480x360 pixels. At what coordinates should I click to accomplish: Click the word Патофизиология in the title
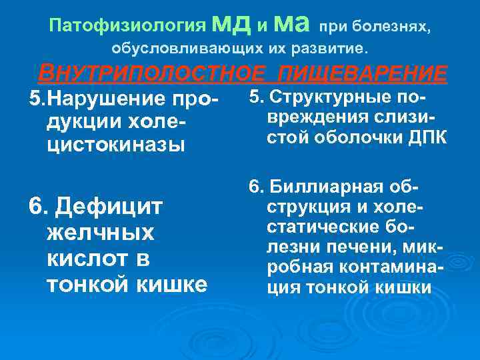coord(127,27)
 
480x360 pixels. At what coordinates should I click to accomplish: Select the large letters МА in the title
coord(291,25)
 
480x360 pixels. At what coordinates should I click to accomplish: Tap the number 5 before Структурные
coord(253,98)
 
